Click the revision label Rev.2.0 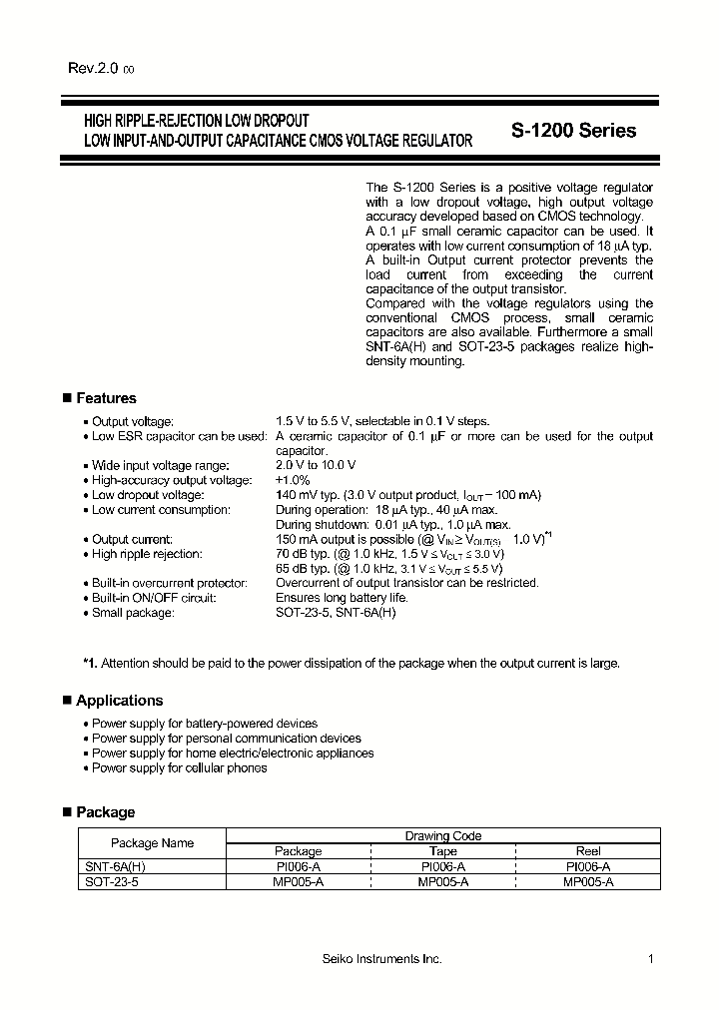tap(93, 68)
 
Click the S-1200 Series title tap(573, 131)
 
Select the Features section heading tap(106, 398)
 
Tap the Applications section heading tap(119, 701)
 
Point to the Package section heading tap(105, 812)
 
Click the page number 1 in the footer tap(650, 959)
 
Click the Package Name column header tap(152, 843)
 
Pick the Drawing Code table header tap(442, 836)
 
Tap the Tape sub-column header tap(442, 851)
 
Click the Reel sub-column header tap(588, 851)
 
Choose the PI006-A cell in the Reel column tap(588, 867)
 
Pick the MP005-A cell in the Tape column tap(442, 882)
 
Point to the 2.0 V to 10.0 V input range tap(316, 465)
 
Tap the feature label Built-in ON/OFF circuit tap(154, 598)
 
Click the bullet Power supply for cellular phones tap(180, 767)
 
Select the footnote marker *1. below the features tap(90, 663)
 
